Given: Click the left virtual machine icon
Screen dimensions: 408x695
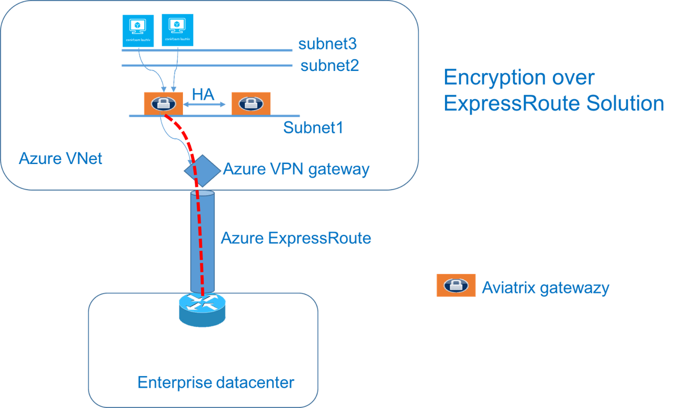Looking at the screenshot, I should click(139, 30).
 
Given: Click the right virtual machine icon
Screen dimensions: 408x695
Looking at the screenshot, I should click(178, 30).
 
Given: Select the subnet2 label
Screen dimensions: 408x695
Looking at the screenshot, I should click(330, 65).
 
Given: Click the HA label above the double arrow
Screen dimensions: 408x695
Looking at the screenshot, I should click(203, 94).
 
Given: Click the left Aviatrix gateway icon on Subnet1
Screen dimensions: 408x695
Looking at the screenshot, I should click(163, 103).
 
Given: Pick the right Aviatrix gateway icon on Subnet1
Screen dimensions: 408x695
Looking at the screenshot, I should click(251, 103).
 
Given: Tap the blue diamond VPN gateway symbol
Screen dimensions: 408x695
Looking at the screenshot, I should click(202, 170).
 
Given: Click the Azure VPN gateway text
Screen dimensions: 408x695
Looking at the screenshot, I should click(296, 169).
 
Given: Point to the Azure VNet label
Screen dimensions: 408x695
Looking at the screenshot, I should click(60, 158).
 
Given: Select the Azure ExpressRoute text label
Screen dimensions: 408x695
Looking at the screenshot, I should click(296, 238).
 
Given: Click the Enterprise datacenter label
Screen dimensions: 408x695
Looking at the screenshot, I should click(216, 382).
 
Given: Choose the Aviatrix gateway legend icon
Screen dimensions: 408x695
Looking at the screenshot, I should click(456, 285).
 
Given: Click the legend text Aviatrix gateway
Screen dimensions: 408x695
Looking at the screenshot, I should click(545, 288).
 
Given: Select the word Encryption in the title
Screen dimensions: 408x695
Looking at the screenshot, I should click(495, 78).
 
